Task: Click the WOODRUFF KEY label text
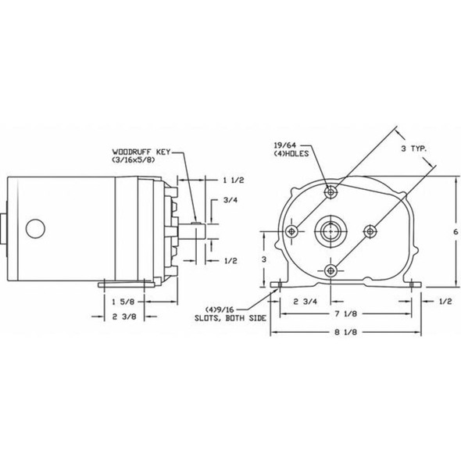[x=141, y=152]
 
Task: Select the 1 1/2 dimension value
[x=234, y=180]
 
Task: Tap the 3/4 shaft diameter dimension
[x=230, y=200]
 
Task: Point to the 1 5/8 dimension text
[x=123, y=302]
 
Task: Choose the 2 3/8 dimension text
[x=124, y=316]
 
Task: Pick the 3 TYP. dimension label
[x=414, y=148]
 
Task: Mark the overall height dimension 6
[x=456, y=232]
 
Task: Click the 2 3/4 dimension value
[x=306, y=302]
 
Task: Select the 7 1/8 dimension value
[x=345, y=313]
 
